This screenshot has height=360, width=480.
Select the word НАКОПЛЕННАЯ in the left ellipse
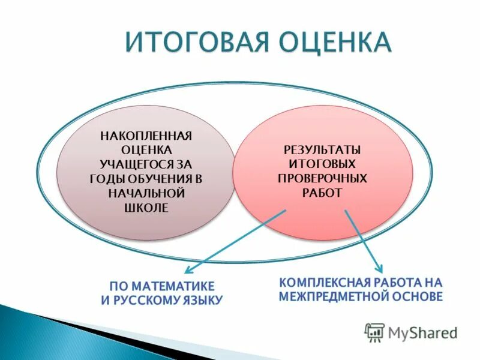point(145,134)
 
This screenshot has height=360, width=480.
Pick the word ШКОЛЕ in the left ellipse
point(145,208)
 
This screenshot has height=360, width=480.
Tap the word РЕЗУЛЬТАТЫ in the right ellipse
point(322,149)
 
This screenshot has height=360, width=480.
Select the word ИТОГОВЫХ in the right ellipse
point(322,163)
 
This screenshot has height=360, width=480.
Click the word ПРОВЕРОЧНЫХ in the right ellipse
point(322,178)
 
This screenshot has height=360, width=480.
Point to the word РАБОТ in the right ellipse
point(322,193)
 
